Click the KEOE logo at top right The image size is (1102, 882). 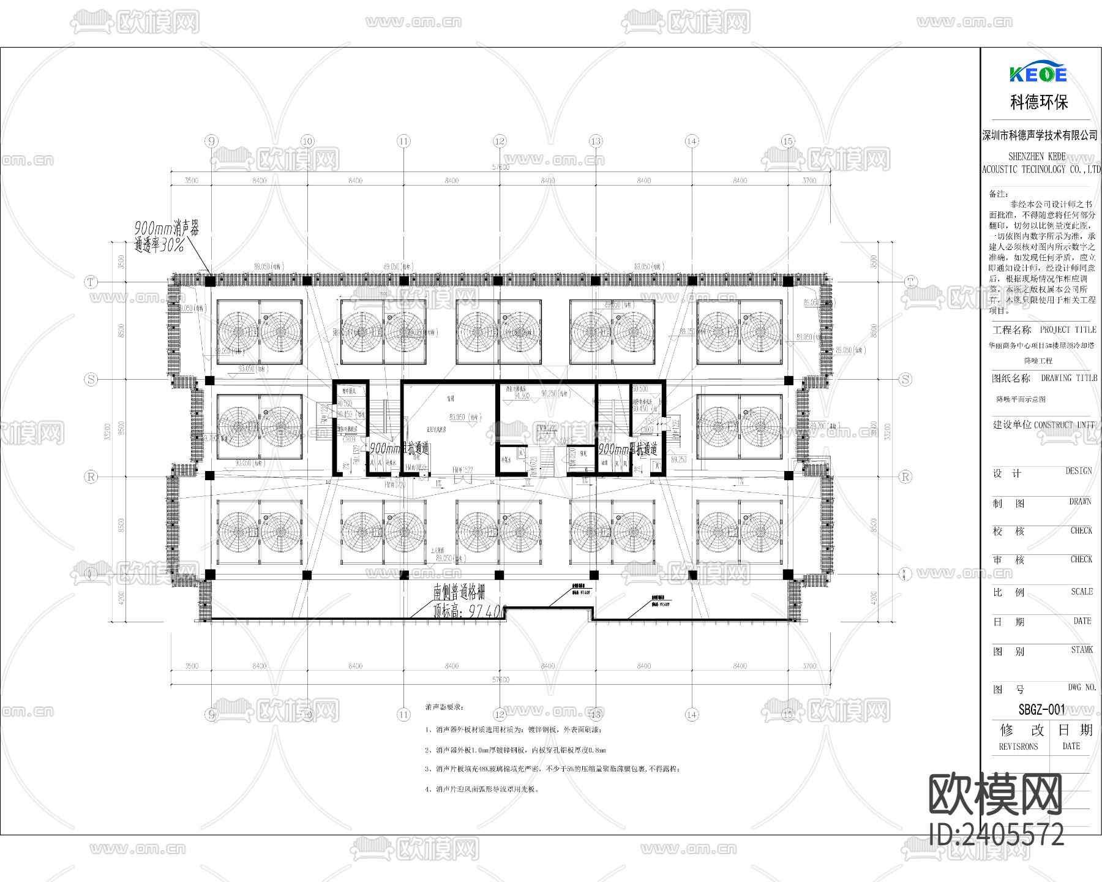[x=1038, y=74]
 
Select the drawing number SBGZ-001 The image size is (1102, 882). [x=1041, y=710]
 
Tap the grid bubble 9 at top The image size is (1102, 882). [x=212, y=141]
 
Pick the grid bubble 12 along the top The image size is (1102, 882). [x=500, y=141]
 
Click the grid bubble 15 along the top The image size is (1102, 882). [x=788, y=141]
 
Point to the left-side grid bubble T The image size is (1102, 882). [x=91, y=282]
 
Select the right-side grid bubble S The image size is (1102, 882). [x=905, y=379]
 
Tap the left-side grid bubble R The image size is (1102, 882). [x=91, y=477]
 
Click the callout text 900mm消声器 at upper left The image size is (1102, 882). [x=167, y=228]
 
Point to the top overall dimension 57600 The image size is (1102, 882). [x=500, y=167]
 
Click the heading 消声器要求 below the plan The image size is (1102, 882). [x=444, y=707]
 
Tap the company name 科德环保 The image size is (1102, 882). [x=1039, y=102]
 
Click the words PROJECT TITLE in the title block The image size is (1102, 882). [x=1068, y=330]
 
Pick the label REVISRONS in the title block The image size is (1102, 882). [x=1018, y=747]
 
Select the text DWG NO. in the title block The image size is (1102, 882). [x=1082, y=688]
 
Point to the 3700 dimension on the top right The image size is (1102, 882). [x=809, y=181]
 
